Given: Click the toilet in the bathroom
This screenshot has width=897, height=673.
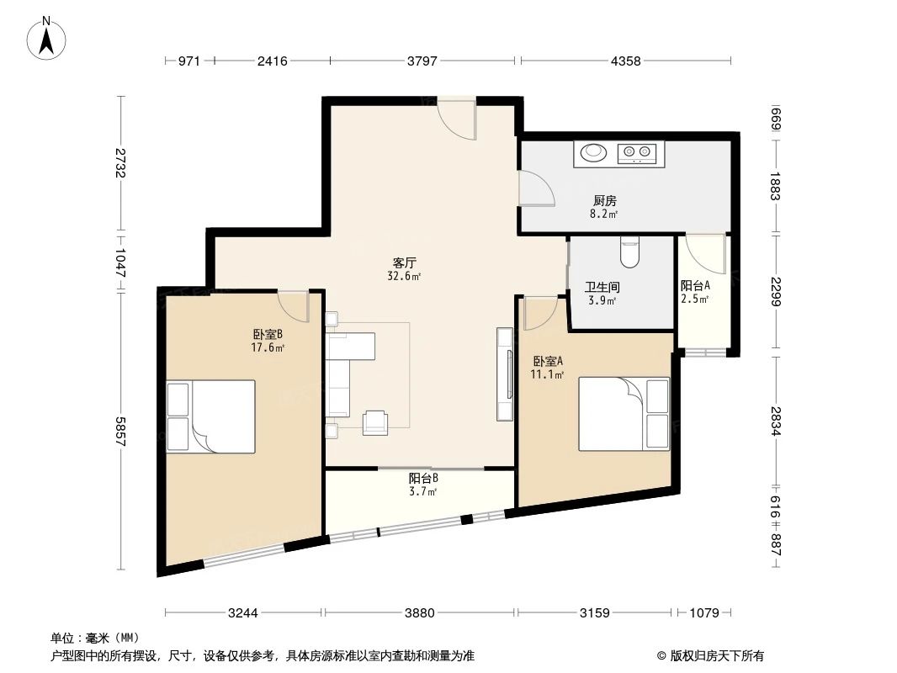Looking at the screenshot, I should (x=629, y=250).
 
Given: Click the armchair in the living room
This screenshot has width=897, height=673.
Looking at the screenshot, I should (x=375, y=422).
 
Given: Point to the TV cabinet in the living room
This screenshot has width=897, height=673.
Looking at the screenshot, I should (x=505, y=374).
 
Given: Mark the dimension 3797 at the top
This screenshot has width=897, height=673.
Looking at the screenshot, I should (x=422, y=61).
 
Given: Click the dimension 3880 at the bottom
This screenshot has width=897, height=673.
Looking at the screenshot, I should (x=419, y=613).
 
